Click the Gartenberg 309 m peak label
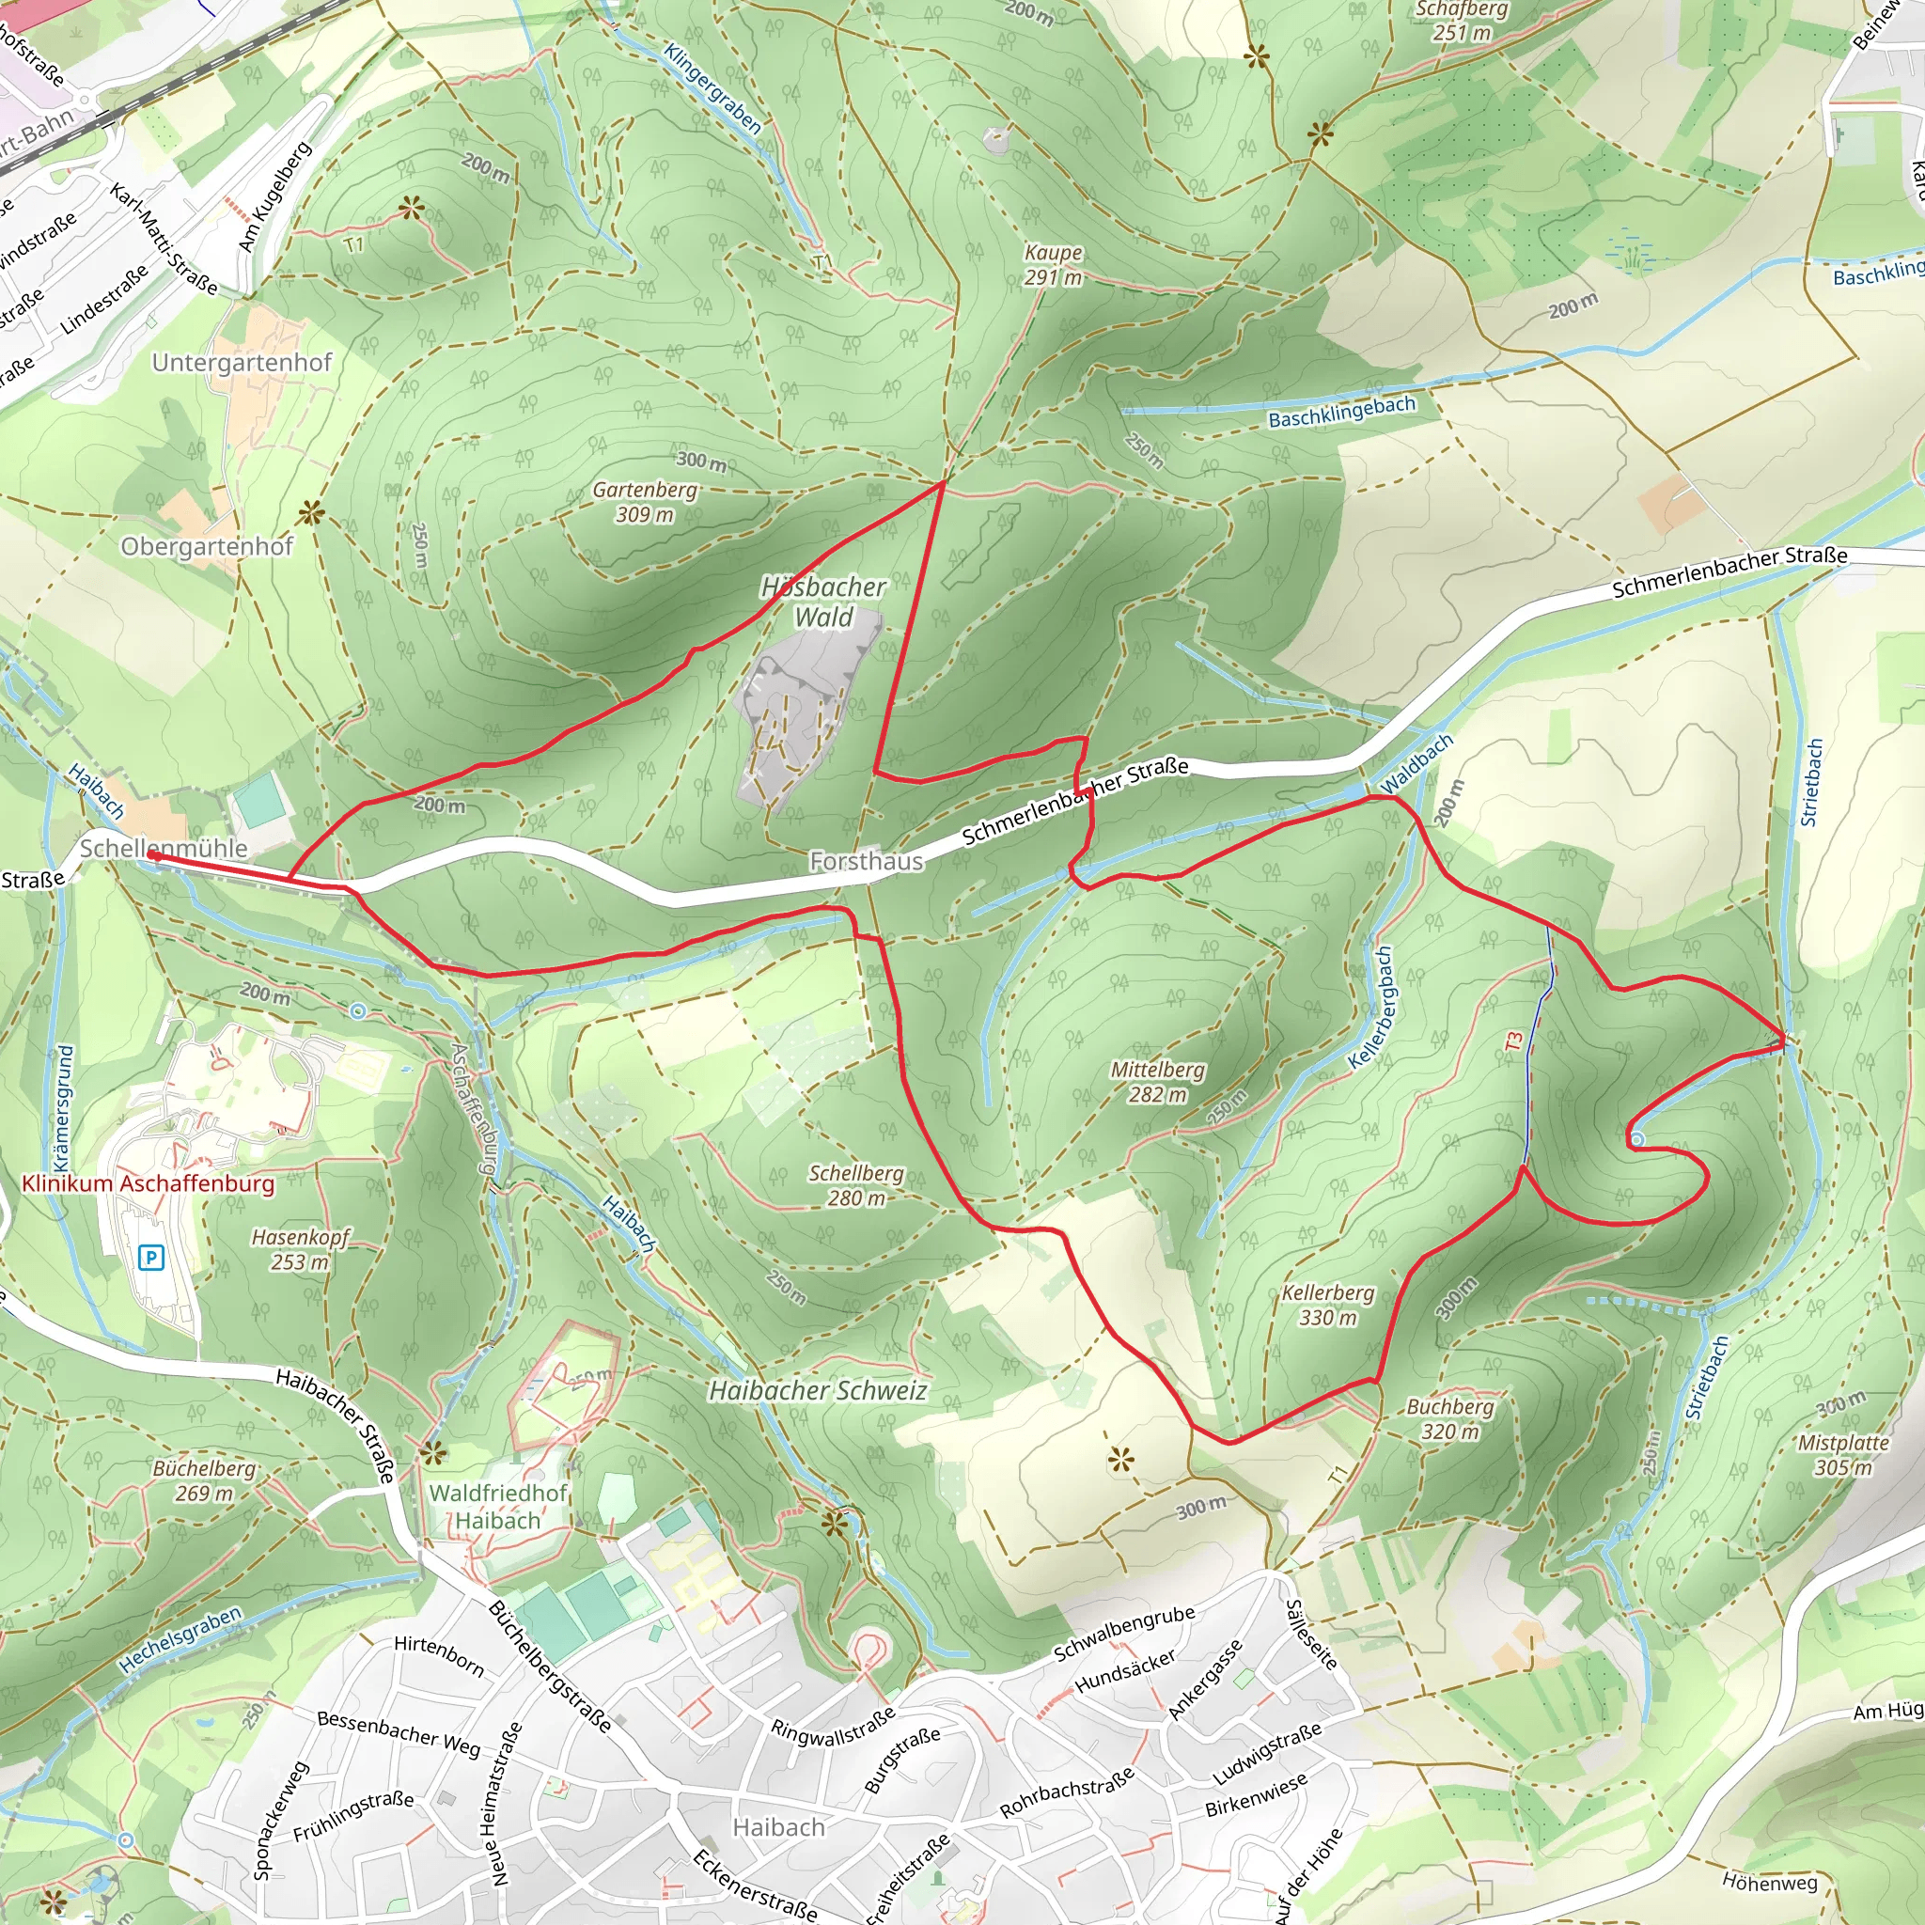point(645,502)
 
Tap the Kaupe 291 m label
point(1053,265)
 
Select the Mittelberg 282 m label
point(1157,1082)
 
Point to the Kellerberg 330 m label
point(1327,1306)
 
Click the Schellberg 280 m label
point(856,1185)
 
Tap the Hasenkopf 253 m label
point(300,1249)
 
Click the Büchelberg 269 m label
point(204,1480)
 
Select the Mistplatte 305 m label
point(1842,1455)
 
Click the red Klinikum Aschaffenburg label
point(148,1183)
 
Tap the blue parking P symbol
point(150,1258)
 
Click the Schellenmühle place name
point(164,848)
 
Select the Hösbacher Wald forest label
point(823,602)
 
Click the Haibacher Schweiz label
point(817,1391)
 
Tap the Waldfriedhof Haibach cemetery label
point(497,1507)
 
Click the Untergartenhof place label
point(242,363)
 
